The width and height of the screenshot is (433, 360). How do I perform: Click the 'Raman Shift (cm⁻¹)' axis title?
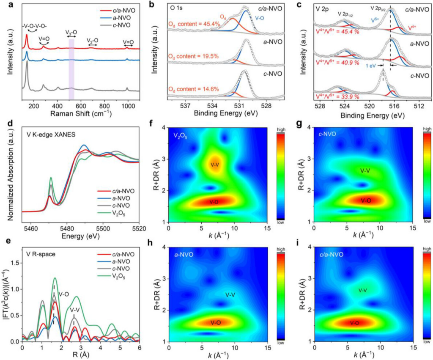(82, 113)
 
